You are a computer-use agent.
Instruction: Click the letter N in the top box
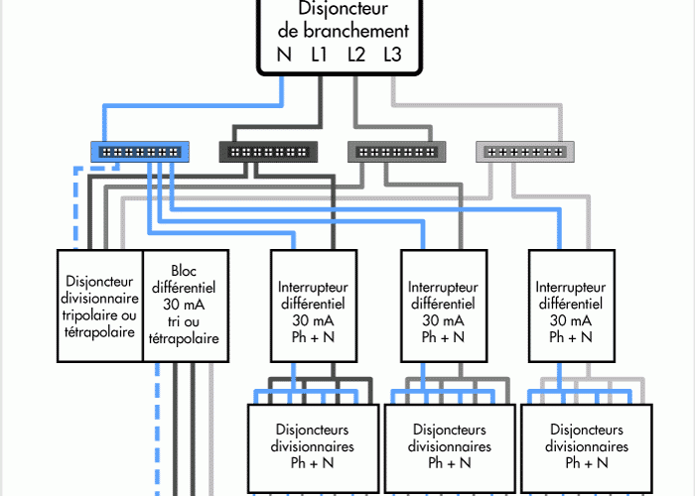pos(285,55)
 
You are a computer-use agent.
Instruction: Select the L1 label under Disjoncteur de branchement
pos(320,55)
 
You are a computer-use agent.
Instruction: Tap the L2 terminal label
pos(356,55)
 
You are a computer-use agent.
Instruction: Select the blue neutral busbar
pos(140,152)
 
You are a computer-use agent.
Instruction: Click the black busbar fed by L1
pos(269,152)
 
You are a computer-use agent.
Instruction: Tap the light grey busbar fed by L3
pos(524,152)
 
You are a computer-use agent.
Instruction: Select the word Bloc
pos(184,269)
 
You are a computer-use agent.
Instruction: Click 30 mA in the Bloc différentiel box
pos(184,305)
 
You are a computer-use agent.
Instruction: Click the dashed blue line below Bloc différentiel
pos(157,427)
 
